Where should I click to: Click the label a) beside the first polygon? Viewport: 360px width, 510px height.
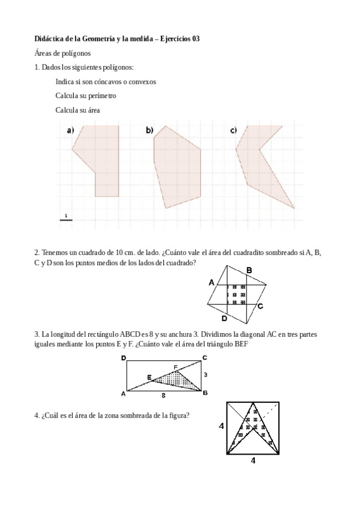[x=70, y=131]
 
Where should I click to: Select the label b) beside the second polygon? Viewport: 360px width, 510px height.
[x=149, y=131]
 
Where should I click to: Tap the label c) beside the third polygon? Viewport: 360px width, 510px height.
[x=233, y=131]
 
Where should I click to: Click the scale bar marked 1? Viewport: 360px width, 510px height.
[x=66, y=218]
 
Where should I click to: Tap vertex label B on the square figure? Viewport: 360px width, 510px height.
[x=249, y=270]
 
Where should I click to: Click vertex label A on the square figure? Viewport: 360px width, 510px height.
[x=212, y=281]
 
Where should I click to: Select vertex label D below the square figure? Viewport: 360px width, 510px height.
[x=224, y=318]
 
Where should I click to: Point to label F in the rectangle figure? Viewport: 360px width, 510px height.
[x=175, y=366]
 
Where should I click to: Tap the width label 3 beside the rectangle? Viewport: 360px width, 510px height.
[x=206, y=375]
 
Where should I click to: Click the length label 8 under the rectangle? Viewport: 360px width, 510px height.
[x=163, y=396]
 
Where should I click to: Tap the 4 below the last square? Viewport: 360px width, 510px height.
[x=253, y=461]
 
